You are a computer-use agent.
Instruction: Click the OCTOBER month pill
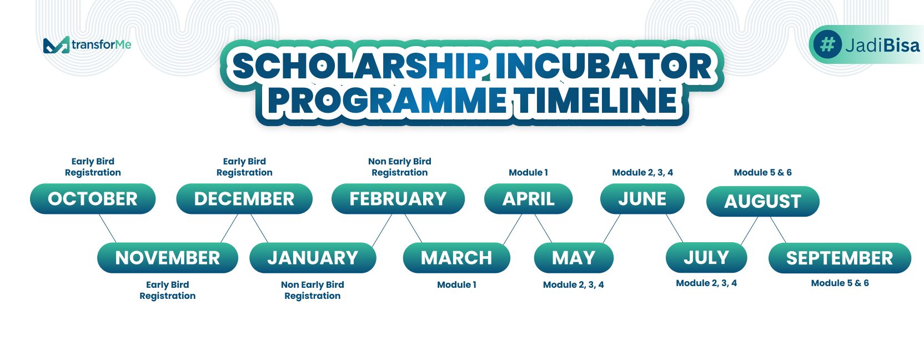tap(93, 198)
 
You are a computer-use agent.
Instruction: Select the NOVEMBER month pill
tap(168, 258)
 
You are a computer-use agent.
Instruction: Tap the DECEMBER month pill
tap(244, 198)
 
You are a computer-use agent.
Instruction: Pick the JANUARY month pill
tap(313, 258)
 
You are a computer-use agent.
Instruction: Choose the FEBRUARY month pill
tap(398, 198)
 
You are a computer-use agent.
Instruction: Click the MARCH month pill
tap(456, 258)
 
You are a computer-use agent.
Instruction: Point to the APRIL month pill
tap(529, 198)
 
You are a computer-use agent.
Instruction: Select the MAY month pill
tap(574, 258)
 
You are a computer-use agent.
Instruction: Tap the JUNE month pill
tap(642, 198)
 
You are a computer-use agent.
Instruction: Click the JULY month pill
tap(706, 258)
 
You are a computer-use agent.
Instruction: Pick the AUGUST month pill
tap(763, 201)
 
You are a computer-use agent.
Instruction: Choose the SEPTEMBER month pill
tap(840, 258)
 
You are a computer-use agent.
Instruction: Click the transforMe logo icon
tap(56, 45)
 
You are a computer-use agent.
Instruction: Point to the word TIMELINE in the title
tap(596, 101)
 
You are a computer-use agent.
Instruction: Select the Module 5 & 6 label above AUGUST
tap(763, 173)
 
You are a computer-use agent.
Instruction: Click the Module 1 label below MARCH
tap(456, 284)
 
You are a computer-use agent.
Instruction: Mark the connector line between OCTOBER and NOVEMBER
tap(108, 228)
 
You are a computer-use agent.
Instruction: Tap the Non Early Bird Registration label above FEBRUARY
tap(400, 167)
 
